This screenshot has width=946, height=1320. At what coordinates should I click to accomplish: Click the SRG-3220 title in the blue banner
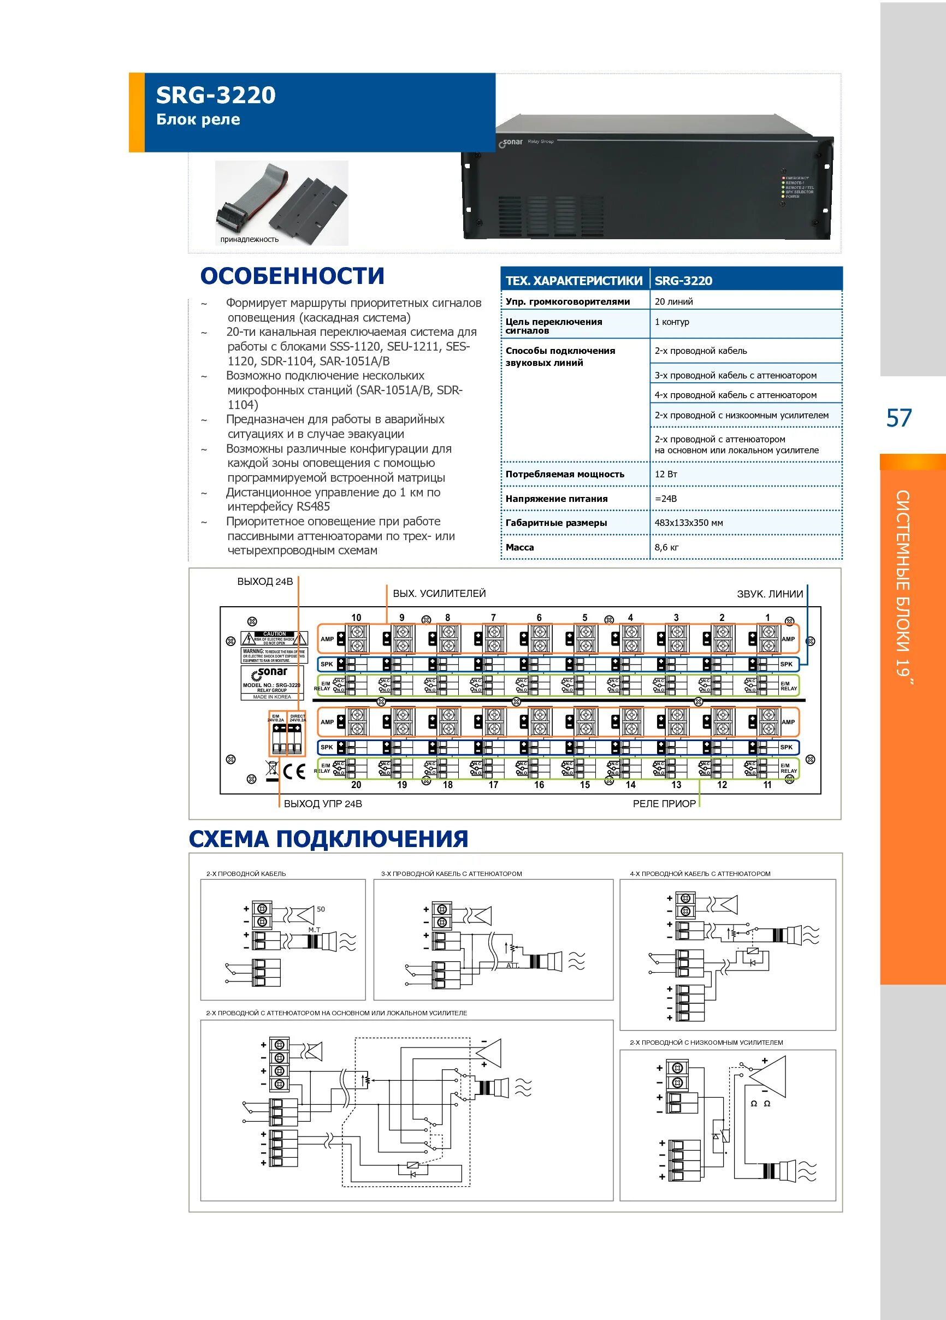tap(215, 95)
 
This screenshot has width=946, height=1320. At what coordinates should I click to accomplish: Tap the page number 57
tap(899, 418)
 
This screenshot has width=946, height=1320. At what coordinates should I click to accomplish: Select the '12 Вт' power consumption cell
tap(666, 475)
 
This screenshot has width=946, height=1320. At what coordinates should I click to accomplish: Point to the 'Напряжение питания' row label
tap(556, 499)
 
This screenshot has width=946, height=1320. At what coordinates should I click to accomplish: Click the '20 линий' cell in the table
tap(673, 301)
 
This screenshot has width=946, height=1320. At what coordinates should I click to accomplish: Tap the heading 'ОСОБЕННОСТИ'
tap(292, 276)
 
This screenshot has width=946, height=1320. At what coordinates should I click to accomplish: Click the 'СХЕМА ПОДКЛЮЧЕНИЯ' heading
tap(328, 839)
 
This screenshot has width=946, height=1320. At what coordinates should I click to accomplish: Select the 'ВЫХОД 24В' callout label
tap(265, 582)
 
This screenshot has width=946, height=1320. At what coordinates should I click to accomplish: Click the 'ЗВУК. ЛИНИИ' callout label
tap(770, 594)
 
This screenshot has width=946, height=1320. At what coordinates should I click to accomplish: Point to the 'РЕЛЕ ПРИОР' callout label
tap(664, 804)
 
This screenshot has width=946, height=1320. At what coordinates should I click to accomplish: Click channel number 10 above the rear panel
tap(356, 618)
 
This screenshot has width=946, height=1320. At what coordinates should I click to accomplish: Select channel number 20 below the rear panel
tap(356, 785)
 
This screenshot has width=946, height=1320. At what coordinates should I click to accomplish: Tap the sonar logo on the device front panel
tap(511, 143)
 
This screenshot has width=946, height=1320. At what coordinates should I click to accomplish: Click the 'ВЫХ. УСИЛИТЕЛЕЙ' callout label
tap(439, 594)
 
